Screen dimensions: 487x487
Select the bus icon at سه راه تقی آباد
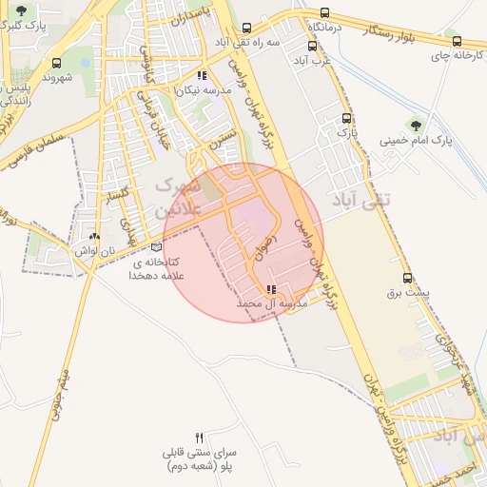[x=247, y=29]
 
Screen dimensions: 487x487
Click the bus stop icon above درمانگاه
[x=325, y=13]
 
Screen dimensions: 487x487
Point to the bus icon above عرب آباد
[x=312, y=45]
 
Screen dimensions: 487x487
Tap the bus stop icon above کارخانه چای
[x=457, y=42]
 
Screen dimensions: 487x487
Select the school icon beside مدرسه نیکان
[x=201, y=75]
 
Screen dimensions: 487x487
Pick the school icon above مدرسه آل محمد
[x=272, y=289]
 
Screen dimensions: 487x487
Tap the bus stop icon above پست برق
[x=408, y=279]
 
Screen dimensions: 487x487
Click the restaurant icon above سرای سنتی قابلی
[x=199, y=438]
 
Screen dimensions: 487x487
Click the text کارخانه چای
[x=452, y=57]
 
